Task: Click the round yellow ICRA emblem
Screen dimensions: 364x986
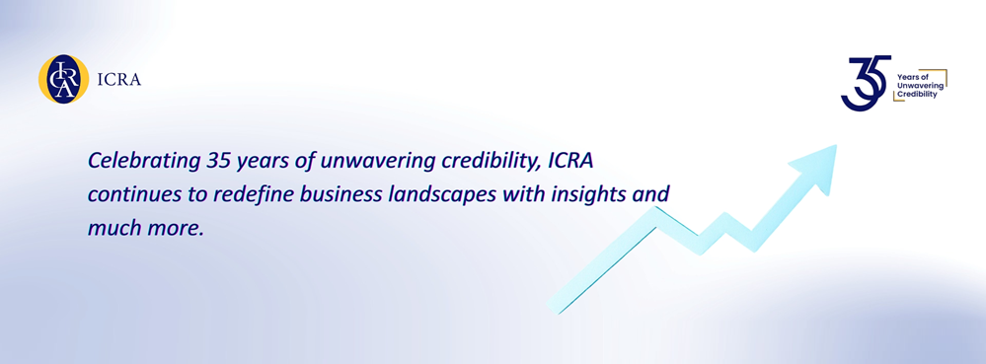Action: tap(63, 79)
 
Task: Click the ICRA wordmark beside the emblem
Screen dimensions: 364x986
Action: tap(121, 80)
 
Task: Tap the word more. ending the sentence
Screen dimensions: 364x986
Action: tap(174, 226)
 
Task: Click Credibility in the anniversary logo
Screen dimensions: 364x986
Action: tap(917, 94)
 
